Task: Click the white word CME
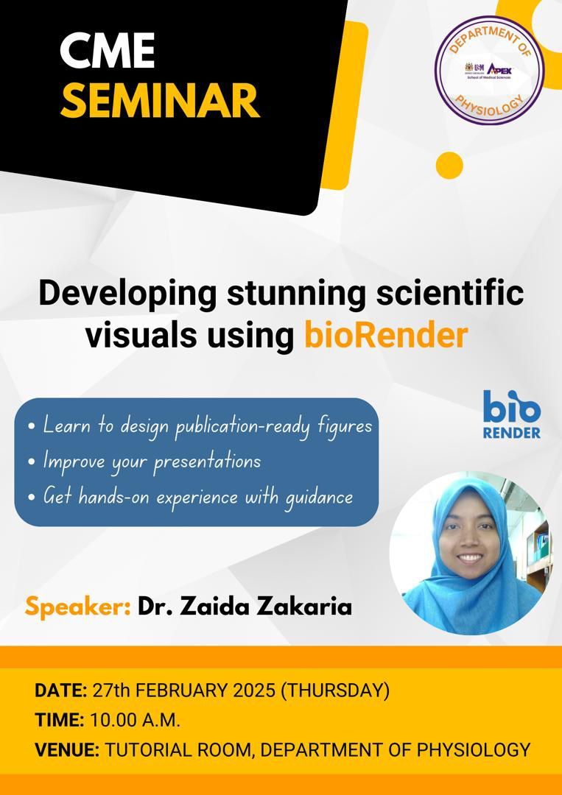[107, 52]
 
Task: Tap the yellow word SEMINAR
[159, 101]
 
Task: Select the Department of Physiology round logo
[489, 70]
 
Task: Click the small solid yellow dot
[449, 166]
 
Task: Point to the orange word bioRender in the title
[385, 335]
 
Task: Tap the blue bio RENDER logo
[511, 414]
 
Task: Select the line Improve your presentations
[145, 462]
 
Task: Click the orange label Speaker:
[78, 607]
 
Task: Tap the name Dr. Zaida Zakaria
[245, 607]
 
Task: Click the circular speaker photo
[470, 553]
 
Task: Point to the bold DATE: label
[61, 690]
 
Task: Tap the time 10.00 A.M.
[135, 720]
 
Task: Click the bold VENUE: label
[67, 749]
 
